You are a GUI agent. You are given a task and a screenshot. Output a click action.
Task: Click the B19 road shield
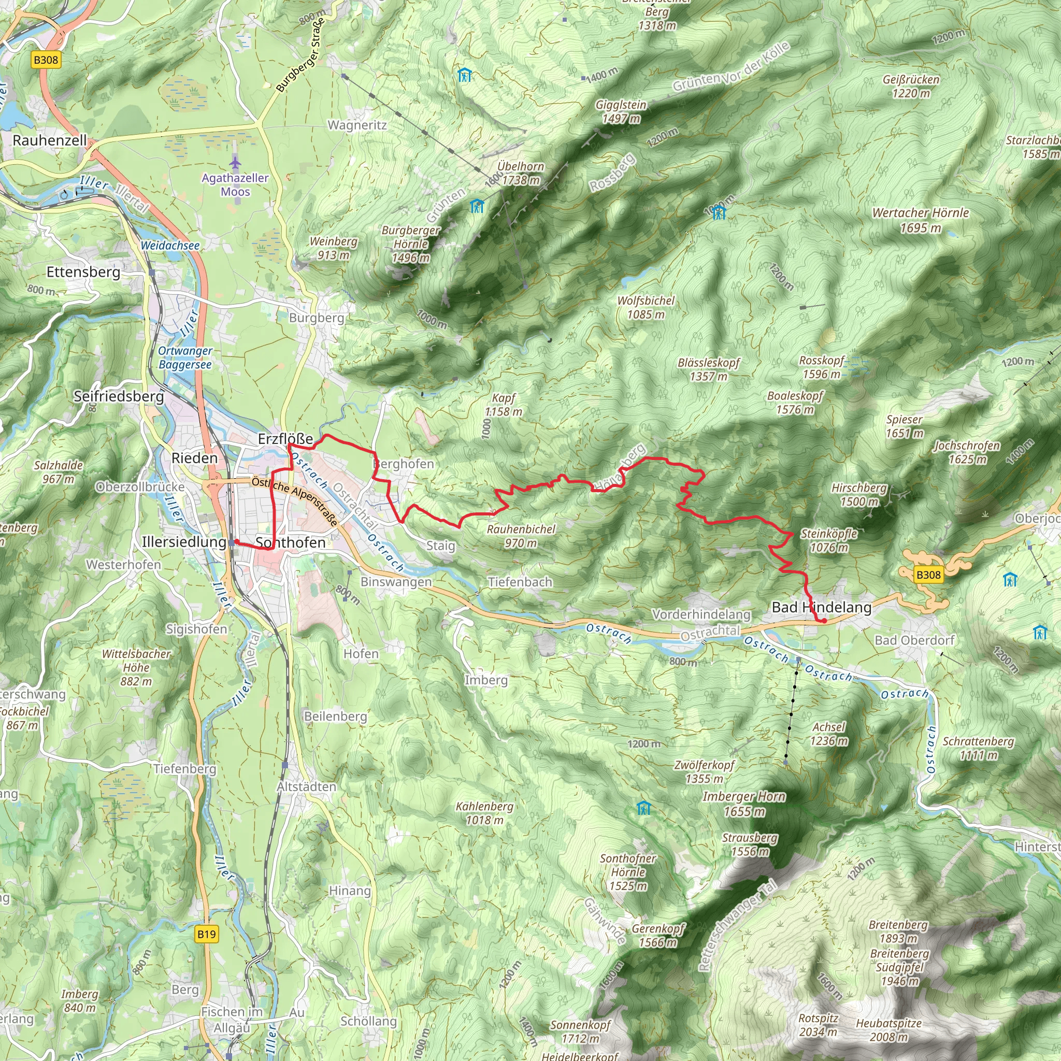pos(207,934)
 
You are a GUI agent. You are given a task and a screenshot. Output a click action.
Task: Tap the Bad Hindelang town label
pos(821,607)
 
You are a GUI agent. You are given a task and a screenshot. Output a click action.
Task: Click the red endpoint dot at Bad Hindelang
pos(824,621)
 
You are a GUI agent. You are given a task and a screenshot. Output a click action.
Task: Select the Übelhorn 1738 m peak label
pos(520,173)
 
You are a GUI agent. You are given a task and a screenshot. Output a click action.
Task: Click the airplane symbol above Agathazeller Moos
pos(235,163)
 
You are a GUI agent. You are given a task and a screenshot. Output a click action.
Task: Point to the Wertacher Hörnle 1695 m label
pos(921,220)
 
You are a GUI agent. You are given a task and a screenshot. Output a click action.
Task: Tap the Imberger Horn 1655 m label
pos(743,804)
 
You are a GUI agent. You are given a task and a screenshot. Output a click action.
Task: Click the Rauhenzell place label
pos(49,140)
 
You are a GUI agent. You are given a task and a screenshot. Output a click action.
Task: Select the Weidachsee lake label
pos(170,246)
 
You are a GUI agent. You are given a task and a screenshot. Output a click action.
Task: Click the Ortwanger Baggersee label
pos(185,357)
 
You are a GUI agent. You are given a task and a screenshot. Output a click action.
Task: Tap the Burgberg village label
pos(317,318)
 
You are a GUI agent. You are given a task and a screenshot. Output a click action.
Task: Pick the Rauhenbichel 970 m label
pos(521,536)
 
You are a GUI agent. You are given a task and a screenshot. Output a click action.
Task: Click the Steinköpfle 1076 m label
pos(829,540)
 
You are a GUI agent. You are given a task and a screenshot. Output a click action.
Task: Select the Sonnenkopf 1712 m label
pos(580,1031)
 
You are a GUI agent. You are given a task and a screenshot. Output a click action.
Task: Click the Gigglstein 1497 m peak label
pos(621,111)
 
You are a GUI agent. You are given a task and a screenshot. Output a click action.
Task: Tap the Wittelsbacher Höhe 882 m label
pos(136,667)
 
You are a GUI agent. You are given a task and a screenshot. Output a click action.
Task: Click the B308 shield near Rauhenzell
pos(46,60)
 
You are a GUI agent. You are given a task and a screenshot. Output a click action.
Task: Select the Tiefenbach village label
pos(520,582)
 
